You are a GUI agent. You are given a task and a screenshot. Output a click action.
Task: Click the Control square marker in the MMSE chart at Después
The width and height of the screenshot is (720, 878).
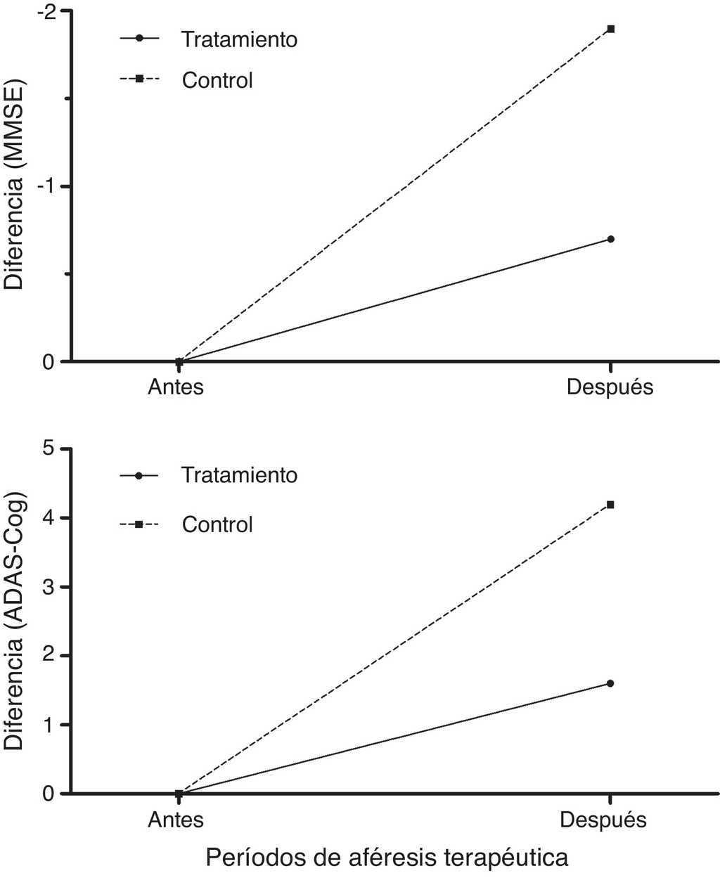(611, 29)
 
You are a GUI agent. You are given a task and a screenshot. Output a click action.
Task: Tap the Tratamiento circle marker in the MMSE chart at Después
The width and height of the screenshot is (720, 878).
(611, 239)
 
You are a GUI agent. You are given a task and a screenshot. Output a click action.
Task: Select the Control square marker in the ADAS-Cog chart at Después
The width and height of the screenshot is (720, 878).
(611, 505)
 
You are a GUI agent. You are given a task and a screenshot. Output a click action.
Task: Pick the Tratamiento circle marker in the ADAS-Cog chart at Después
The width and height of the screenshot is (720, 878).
(610, 683)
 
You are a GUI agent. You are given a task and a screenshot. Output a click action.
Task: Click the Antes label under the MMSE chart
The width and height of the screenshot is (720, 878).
(175, 387)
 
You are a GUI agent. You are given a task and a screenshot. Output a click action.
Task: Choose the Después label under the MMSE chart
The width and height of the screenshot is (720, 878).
(610, 387)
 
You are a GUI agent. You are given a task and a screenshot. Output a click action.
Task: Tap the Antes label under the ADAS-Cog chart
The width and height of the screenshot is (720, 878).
(175, 820)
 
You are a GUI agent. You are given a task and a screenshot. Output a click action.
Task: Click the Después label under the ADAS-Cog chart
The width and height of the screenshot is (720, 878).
(603, 820)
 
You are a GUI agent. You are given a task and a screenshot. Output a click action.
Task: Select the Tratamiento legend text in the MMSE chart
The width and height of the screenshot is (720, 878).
(240, 39)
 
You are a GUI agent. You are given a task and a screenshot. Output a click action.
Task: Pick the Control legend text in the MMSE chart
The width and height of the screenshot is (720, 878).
(217, 80)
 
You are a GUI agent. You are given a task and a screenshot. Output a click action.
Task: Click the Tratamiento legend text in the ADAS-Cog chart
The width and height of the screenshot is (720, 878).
(240, 475)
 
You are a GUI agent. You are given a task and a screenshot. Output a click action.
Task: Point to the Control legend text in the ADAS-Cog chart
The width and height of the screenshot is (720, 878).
(217, 524)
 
